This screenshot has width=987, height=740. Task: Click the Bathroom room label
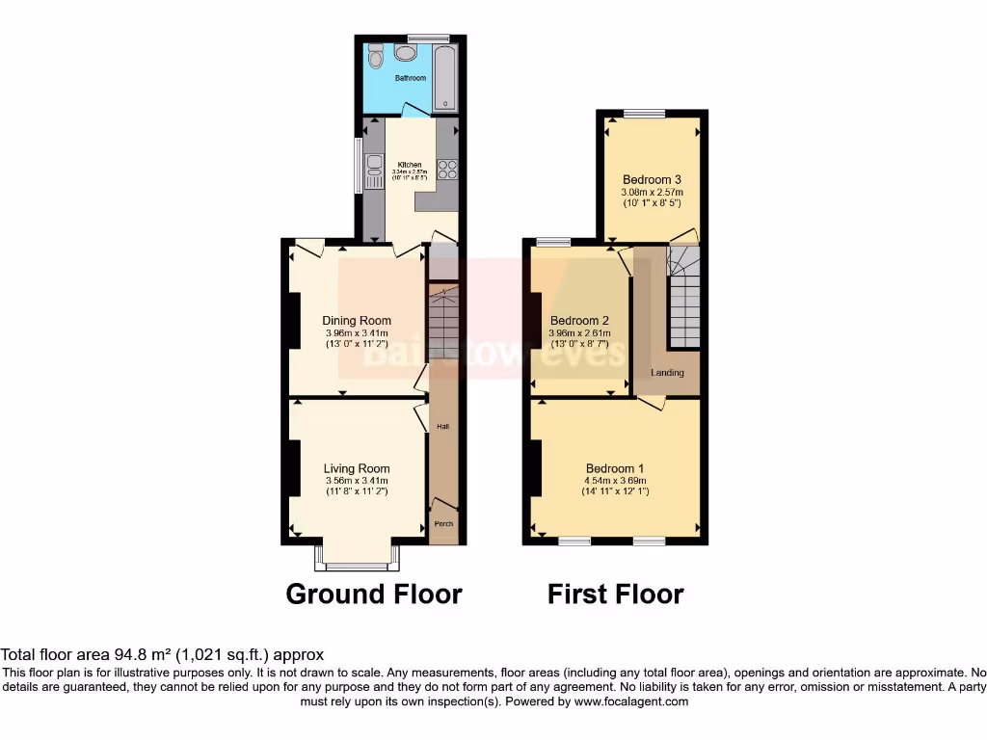[x=410, y=78]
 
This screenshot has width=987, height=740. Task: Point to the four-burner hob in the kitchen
[x=447, y=170]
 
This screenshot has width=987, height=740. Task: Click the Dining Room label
[x=357, y=321]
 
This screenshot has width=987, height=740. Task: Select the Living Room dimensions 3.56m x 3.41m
[x=357, y=481]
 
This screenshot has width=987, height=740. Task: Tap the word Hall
[x=442, y=427]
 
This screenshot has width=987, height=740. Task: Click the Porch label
[x=443, y=524]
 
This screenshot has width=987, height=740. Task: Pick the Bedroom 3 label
[x=652, y=179]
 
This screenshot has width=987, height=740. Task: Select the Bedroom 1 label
[x=614, y=469]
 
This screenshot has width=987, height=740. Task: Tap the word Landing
[x=667, y=373]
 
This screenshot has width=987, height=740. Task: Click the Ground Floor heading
[x=374, y=595]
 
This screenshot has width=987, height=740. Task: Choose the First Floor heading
[x=616, y=595]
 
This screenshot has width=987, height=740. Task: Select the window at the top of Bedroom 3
[x=643, y=114]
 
